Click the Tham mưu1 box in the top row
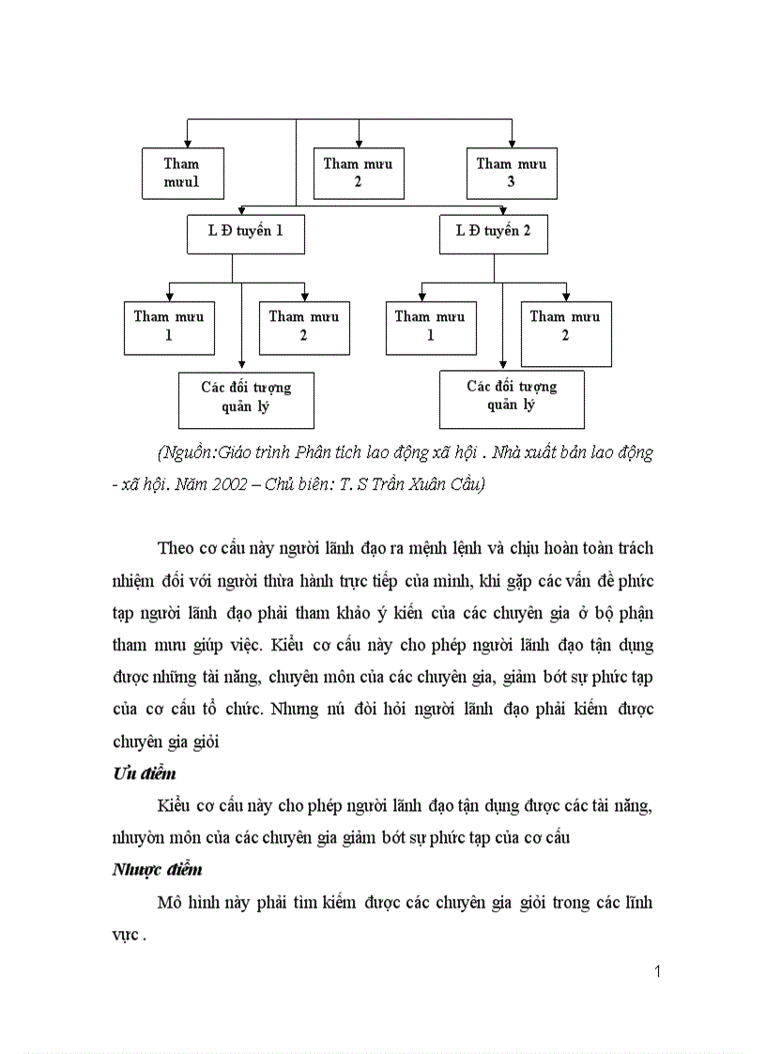183,173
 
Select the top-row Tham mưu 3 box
512,173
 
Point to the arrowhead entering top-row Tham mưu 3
512,143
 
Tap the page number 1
657,971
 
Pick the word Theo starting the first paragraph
176,549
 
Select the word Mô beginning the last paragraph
170,903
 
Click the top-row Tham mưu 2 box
359,173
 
